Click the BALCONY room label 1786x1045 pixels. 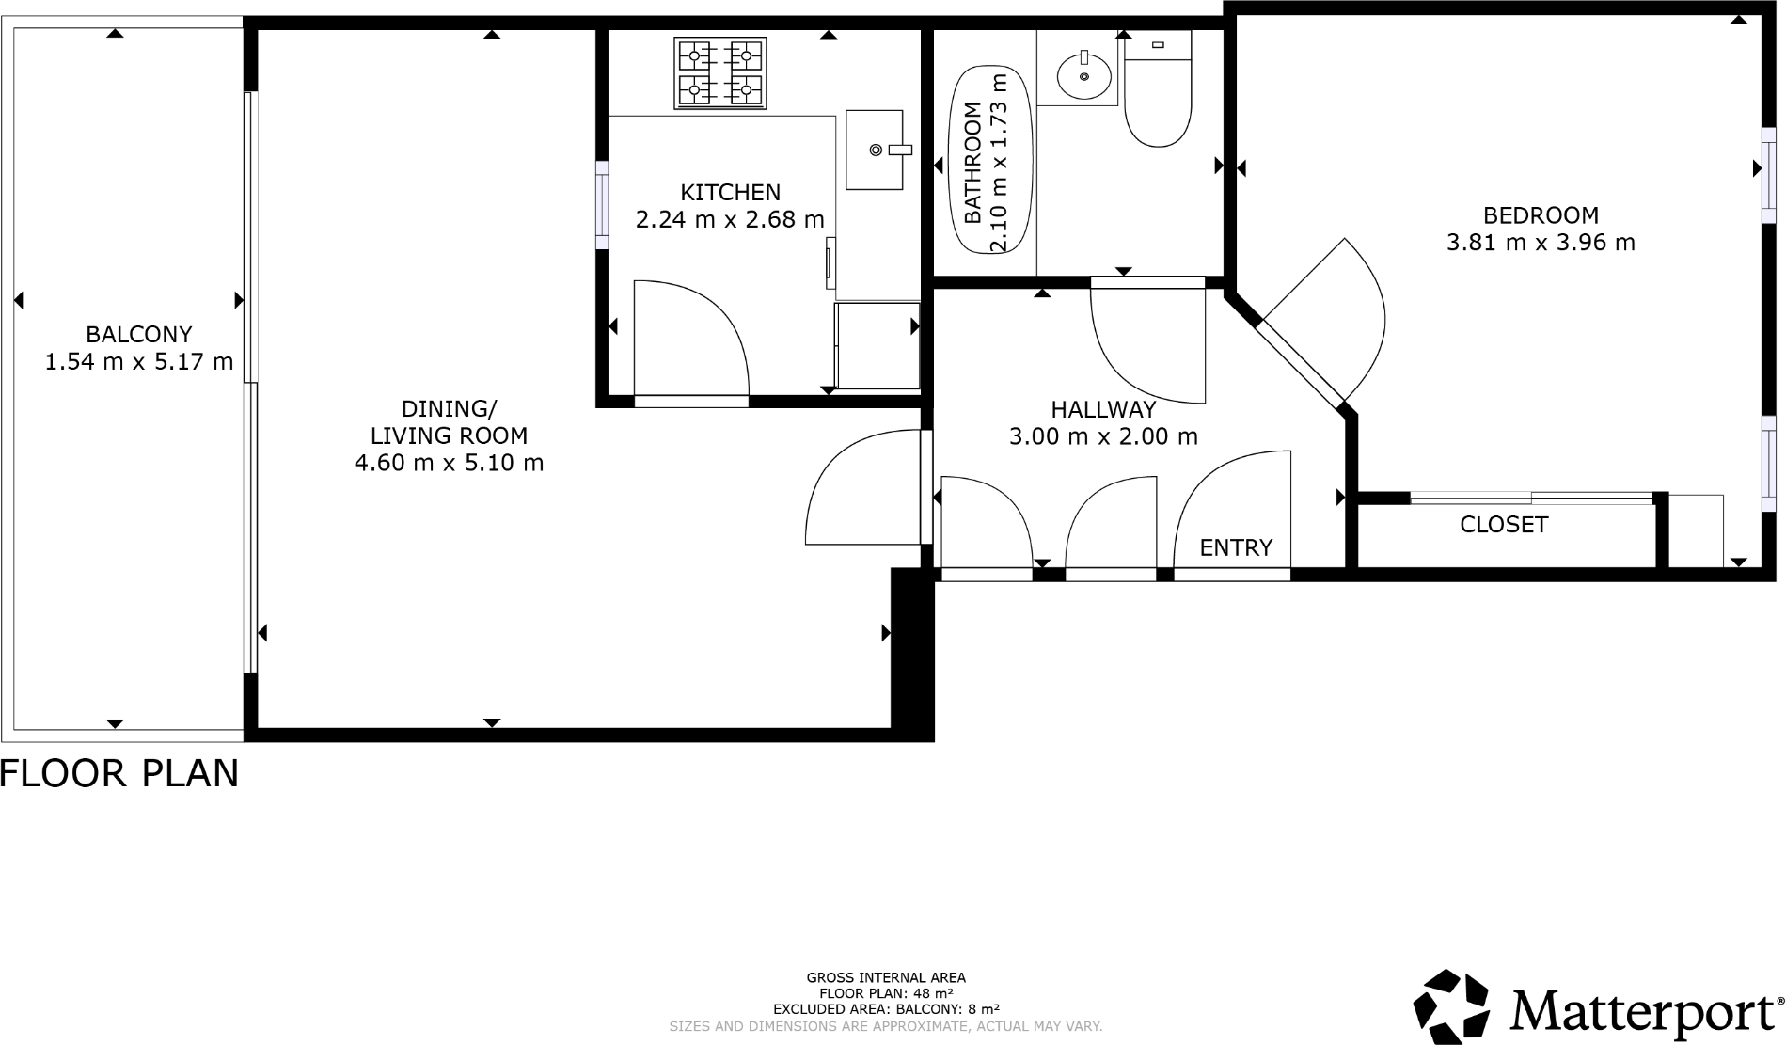(x=138, y=335)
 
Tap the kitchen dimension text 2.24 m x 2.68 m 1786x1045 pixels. (x=730, y=220)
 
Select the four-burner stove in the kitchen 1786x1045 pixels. (x=719, y=73)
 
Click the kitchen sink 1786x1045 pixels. (x=874, y=150)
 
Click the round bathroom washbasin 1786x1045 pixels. (x=1083, y=75)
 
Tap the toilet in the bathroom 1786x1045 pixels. (x=1158, y=94)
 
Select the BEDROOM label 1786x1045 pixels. (x=1541, y=215)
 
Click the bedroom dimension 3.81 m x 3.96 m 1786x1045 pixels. (x=1541, y=243)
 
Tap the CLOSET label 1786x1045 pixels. (x=1503, y=525)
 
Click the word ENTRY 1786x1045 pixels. (x=1236, y=547)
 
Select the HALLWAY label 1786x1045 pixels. (x=1102, y=410)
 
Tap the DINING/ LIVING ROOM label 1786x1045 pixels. (x=449, y=422)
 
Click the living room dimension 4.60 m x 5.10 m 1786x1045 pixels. (x=449, y=463)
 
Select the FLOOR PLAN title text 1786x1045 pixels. (x=119, y=773)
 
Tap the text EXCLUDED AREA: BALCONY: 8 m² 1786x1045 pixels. (x=885, y=1009)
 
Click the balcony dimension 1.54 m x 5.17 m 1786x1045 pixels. (x=138, y=362)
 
